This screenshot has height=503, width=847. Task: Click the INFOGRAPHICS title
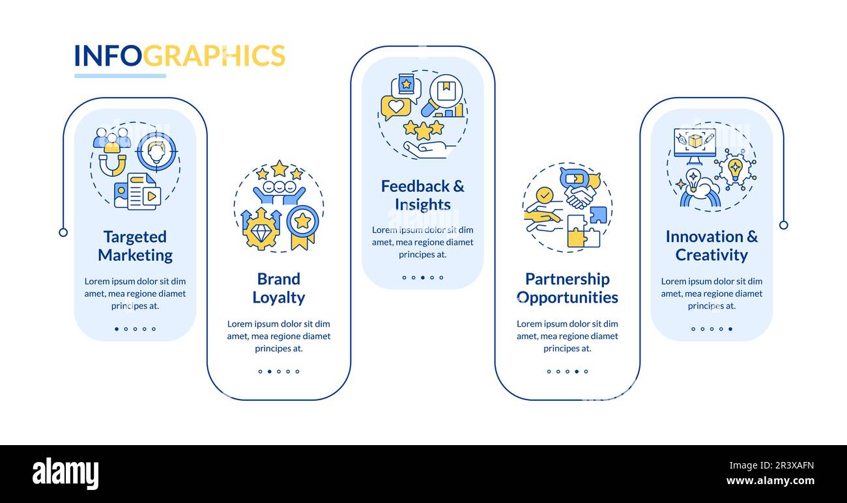pos(179,56)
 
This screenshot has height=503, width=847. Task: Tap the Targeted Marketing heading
pos(135,246)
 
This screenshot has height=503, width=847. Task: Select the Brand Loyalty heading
pos(278,288)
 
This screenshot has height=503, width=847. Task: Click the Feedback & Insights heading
pos(422,195)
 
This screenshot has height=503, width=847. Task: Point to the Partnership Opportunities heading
pos(567,288)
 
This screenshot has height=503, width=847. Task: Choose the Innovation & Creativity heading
pos(711,246)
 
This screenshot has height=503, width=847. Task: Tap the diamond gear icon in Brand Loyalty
pos(261,229)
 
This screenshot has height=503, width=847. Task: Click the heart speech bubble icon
pos(395,107)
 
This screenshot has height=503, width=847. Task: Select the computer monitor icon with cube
pos(695,143)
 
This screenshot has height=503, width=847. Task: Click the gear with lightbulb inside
pos(735,169)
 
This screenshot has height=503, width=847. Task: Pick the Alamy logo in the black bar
pos(65,474)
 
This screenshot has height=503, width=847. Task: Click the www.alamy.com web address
pos(770,482)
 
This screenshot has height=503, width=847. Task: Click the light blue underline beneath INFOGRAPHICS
pos(120,76)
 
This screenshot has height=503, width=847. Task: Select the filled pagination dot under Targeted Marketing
pos(117,329)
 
